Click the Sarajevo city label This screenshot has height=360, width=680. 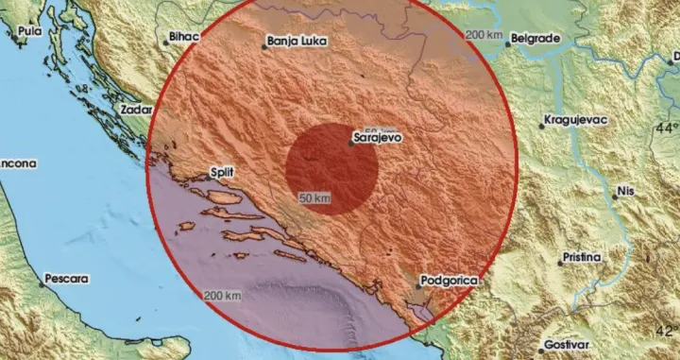[x=378, y=137]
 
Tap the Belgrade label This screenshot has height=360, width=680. [x=535, y=39]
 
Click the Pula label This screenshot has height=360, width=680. [x=31, y=31]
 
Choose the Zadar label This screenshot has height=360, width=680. [x=137, y=110]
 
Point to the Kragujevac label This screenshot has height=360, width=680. [x=575, y=122]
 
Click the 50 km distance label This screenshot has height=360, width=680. [x=315, y=198]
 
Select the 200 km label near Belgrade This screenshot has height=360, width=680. [x=483, y=34]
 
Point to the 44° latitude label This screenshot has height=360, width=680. [x=668, y=127]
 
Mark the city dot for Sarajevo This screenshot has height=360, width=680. [x=349, y=144]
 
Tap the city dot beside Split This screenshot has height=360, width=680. [x=210, y=176]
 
